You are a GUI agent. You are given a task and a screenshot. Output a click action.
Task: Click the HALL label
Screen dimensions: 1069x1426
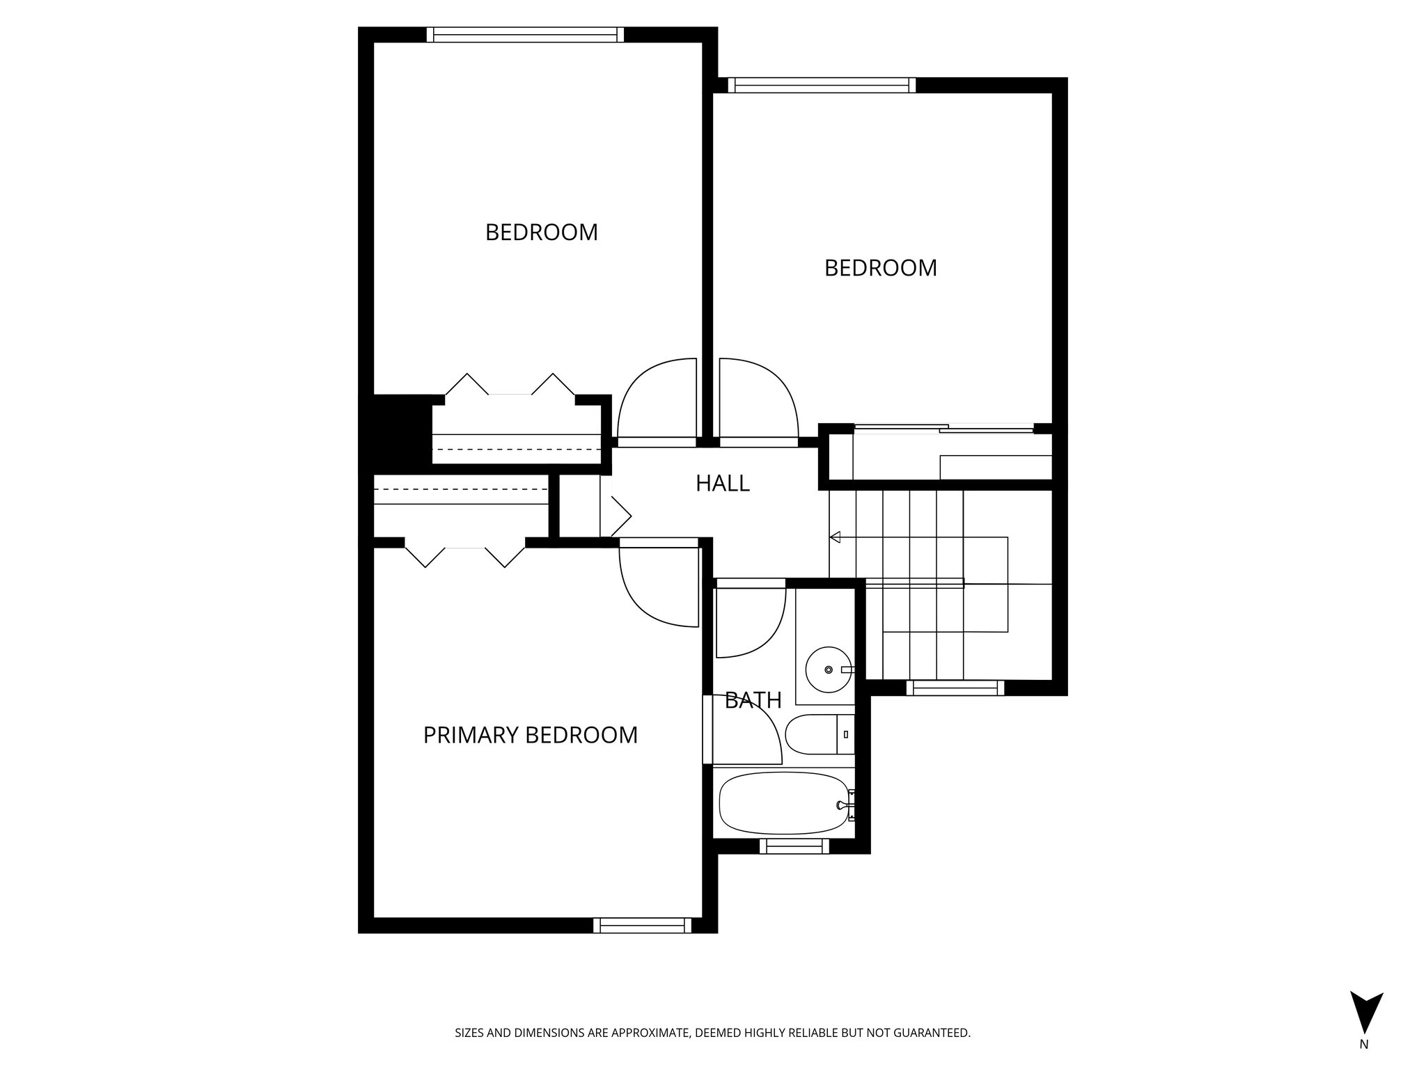pos(722,483)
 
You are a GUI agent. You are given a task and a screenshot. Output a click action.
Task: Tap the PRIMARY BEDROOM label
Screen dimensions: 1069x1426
pos(530,735)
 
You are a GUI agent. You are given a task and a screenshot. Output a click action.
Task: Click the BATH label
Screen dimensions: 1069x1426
pos(753,700)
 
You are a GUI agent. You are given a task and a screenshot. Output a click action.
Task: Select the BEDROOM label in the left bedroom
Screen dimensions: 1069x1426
pos(541,232)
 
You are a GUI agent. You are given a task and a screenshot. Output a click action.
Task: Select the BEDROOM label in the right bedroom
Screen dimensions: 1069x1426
pos(880,268)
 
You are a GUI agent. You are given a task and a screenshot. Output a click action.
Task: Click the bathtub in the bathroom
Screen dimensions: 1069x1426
pos(783,805)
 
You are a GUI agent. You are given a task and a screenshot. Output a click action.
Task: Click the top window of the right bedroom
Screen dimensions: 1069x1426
pos(822,85)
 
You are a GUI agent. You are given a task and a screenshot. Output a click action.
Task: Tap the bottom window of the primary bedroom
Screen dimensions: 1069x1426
pos(642,925)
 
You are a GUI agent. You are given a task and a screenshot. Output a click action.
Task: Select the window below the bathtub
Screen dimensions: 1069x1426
pos(794,846)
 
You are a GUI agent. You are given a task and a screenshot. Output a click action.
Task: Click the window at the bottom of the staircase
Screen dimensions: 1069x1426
pos(955,688)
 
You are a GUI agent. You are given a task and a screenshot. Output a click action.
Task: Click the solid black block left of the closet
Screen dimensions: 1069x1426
pos(394,431)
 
